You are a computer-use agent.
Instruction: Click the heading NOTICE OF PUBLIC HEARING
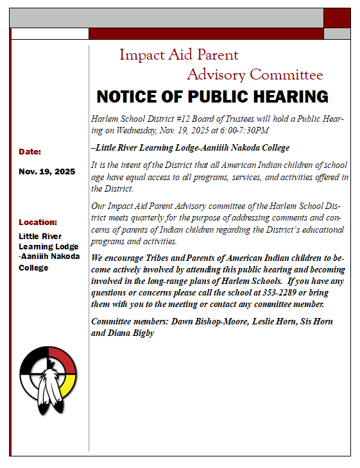pyautogui.click(x=212, y=97)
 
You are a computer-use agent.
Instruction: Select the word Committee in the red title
pyautogui.click(x=287, y=75)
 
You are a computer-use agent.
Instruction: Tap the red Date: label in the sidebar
pyautogui.click(x=30, y=152)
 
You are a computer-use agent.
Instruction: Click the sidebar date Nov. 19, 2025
pyautogui.click(x=47, y=172)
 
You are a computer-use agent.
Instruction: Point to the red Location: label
pyautogui.click(x=38, y=222)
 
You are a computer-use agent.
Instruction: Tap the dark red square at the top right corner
pyautogui.click(x=336, y=19)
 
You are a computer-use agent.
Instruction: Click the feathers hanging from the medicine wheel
pyautogui.click(x=47, y=397)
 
